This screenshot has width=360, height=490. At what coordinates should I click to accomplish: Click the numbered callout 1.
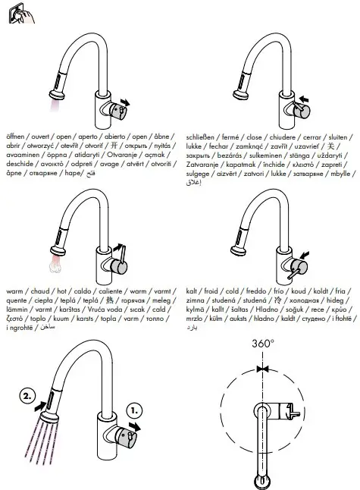136,409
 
